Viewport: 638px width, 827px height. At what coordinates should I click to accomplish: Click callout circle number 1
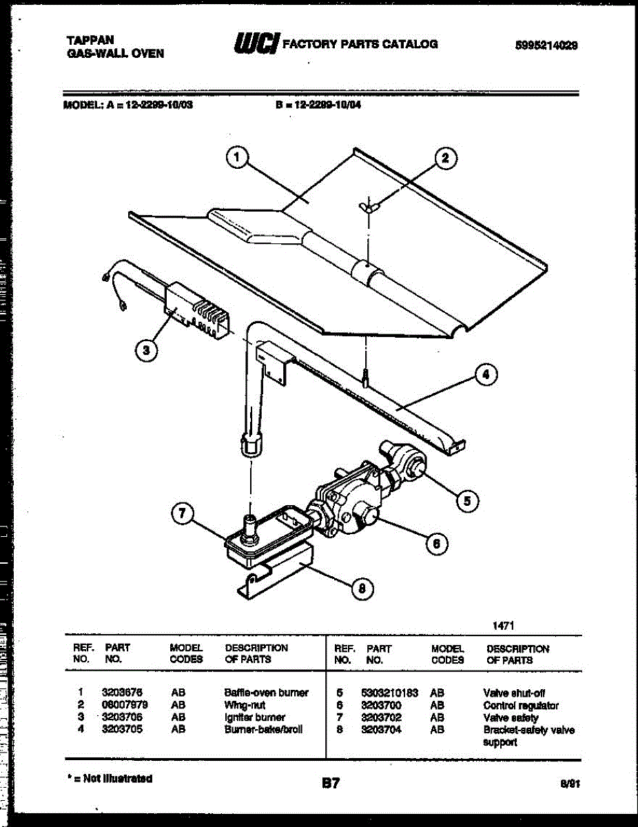click(236, 159)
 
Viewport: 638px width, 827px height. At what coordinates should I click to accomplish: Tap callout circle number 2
click(444, 159)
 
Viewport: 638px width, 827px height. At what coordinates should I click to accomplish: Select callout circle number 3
click(144, 351)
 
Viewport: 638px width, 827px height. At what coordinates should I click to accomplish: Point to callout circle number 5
click(466, 501)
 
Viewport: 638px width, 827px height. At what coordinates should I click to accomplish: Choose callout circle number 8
click(362, 588)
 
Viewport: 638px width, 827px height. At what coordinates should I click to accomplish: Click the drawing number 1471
click(503, 625)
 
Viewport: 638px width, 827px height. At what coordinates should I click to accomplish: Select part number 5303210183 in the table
click(389, 693)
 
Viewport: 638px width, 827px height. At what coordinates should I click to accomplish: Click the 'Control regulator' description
click(521, 705)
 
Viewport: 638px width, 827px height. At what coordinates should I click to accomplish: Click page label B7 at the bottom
click(331, 783)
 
